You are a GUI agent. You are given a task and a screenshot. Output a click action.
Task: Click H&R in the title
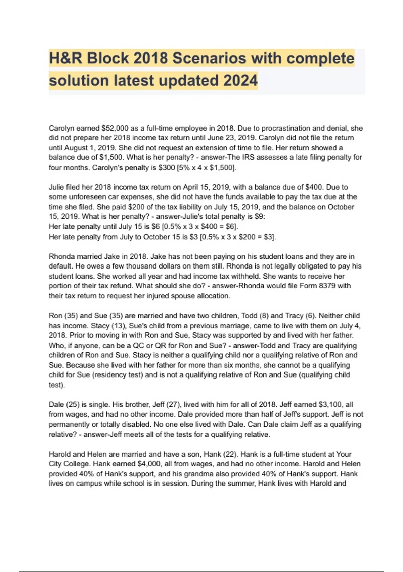66,58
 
